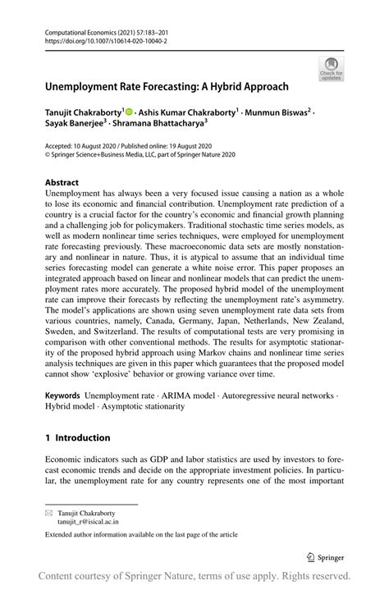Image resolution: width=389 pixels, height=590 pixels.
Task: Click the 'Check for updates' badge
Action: pos(332,68)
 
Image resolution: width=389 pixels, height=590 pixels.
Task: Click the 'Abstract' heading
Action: pos(62,182)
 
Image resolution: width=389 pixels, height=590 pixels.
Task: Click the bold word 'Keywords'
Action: pos(62,396)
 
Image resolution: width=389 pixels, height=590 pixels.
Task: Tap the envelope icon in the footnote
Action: pos(48,510)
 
